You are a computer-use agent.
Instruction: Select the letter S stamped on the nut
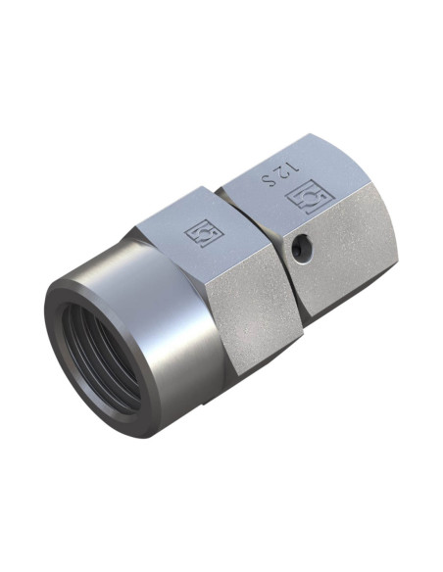[x=269, y=179]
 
